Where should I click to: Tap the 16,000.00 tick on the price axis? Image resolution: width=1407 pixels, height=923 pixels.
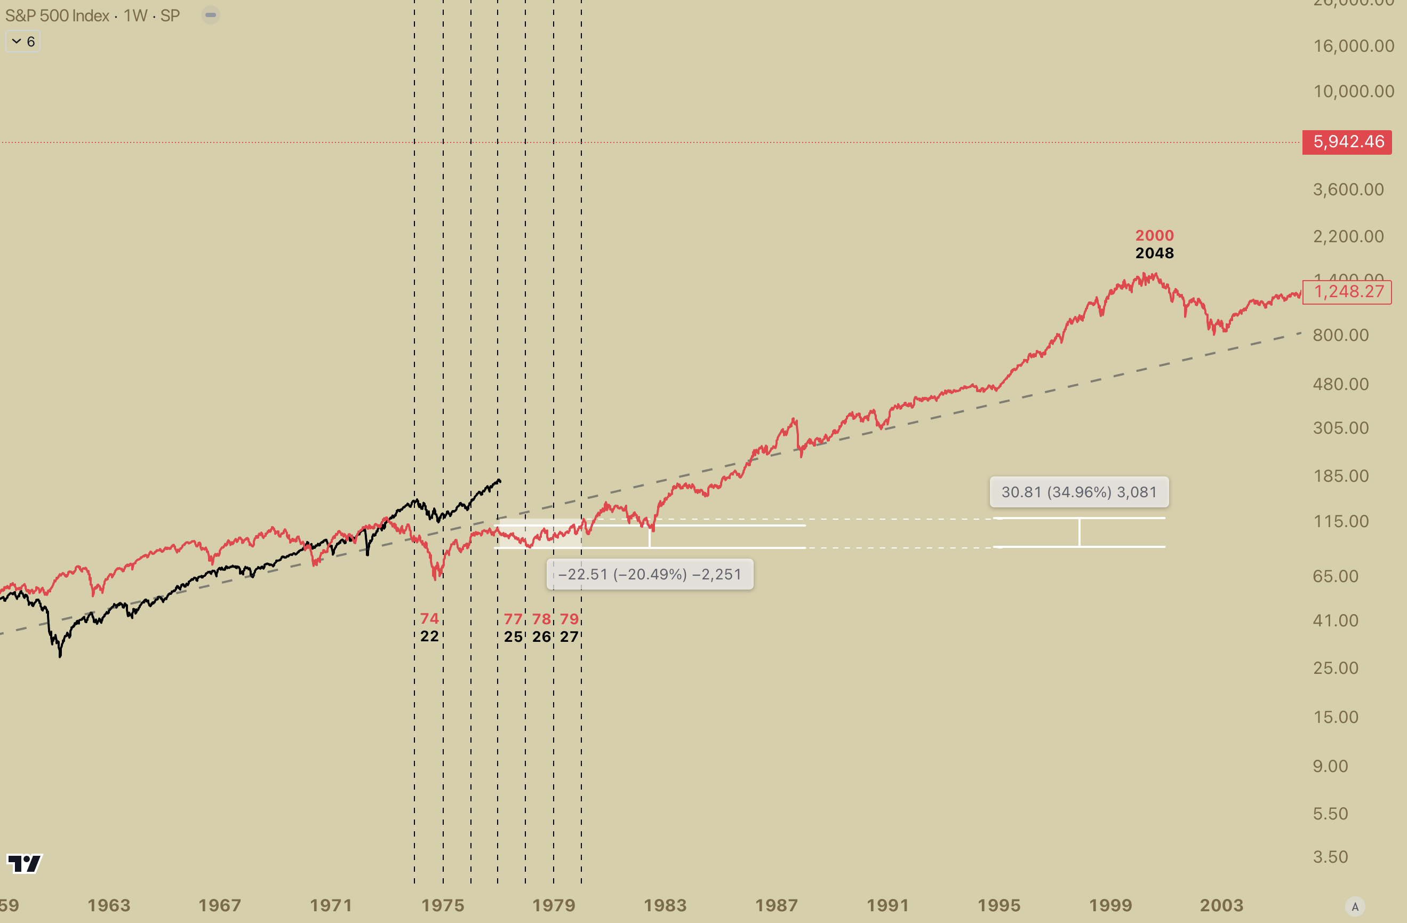click(x=1353, y=46)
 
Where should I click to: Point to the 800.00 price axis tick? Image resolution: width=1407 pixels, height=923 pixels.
click(x=1340, y=335)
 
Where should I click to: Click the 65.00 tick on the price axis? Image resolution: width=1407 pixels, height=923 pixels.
click(x=1335, y=576)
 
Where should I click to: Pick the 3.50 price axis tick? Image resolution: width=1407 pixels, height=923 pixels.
click(x=1330, y=857)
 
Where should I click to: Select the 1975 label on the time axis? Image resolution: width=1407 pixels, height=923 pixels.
click(x=443, y=905)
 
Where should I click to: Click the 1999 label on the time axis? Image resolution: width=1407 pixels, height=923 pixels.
click(x=1110, y=905)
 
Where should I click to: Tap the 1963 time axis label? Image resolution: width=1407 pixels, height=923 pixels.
click(x=109, y=905)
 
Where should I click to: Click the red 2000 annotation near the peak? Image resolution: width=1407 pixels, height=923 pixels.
click(x=1154, y=235)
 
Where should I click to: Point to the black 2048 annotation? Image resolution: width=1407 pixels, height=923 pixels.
click(x=1154, y=253)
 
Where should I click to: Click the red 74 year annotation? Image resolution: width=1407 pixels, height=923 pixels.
click(x=429, y=618)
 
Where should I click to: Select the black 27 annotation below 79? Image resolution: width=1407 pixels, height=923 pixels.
click(x=569, y=637)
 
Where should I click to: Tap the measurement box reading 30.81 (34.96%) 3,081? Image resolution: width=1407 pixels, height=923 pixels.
click(x=1079, y=492)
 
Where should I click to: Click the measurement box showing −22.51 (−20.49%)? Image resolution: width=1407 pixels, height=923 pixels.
click(x=650, y=574)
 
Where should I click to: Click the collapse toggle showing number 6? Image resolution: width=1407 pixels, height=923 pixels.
click(x=23, y=42)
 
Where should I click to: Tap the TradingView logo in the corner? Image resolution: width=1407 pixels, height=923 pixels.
click(x=24, y=864)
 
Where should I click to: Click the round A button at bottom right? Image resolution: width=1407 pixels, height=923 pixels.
click(x=1355, y=906)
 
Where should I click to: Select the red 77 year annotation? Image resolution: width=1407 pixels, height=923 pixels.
click(x=513, y=619)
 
